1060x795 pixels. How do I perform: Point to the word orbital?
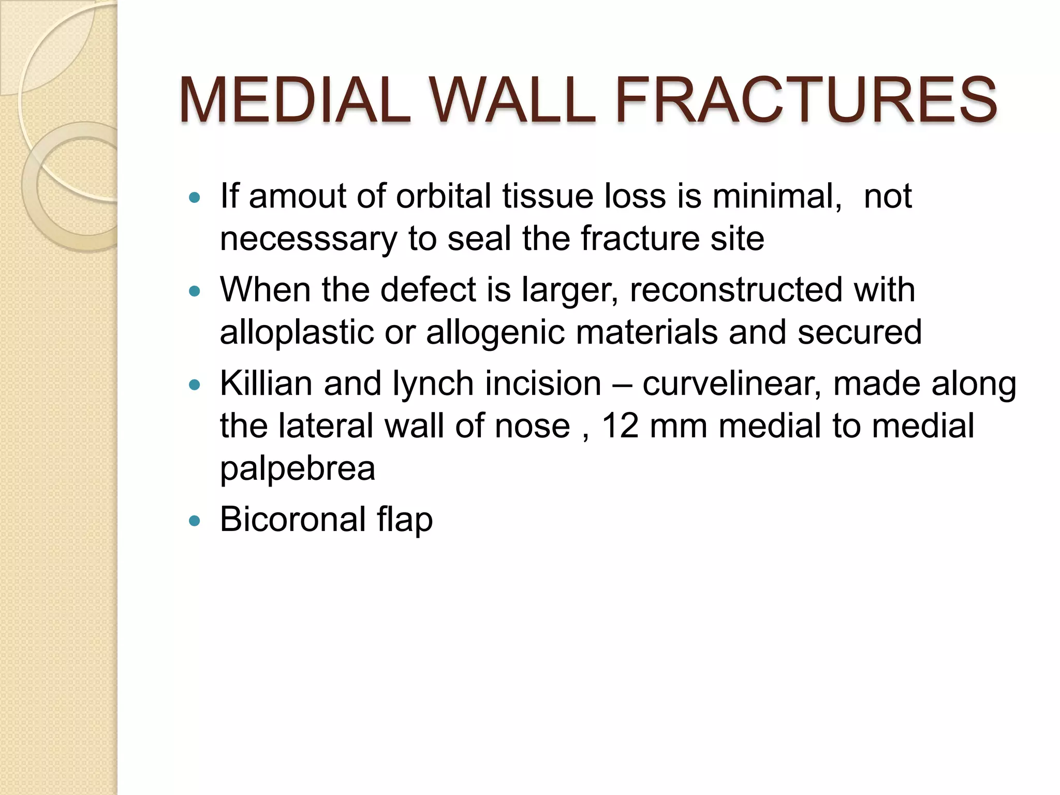[x=443, y=197]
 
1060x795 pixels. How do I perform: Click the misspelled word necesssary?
[x=308, y=239]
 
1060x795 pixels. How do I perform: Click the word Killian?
[x=266, y=384]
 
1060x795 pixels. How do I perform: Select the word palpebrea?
[x=298, y=469]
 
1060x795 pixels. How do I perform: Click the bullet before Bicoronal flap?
[x=195, y=521]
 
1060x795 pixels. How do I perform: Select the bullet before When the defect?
[x=195, y=291]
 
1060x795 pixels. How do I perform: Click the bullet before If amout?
[x=195, y=198]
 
